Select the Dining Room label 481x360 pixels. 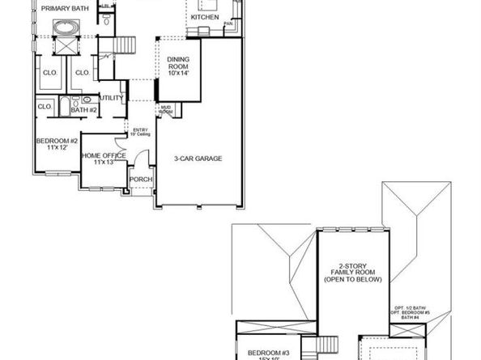(178, 62)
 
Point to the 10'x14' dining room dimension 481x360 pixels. (178, 74)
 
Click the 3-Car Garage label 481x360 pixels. (199, 158)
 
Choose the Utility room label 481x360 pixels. (112, 98)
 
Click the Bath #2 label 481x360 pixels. (83, 109)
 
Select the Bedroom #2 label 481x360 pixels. (56, 142)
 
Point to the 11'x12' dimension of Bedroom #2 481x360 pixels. (56, 149)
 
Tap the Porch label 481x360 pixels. (141, 180)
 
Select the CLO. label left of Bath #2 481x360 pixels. (45, 106)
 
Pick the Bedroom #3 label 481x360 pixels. (265, 351)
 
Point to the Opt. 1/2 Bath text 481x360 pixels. (410, 307)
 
